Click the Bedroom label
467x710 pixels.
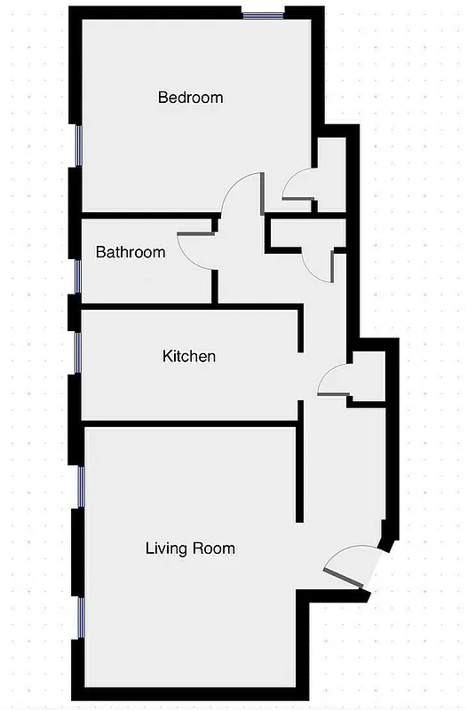[x=190, y=98]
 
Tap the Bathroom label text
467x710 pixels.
[x=131, y=252]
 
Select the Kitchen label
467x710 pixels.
[x=188, y=357]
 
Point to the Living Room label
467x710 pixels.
[x=190, y=548]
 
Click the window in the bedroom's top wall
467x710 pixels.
[x=264, y=13]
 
